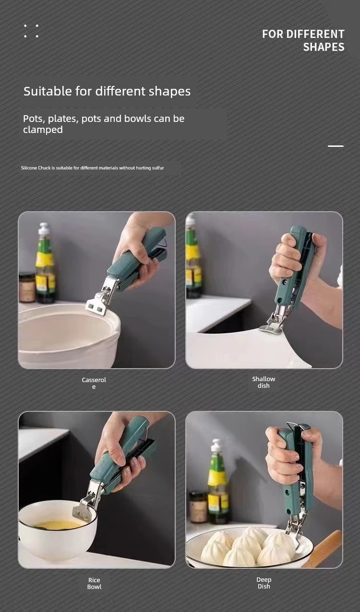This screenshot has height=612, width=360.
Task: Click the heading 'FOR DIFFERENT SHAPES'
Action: tap(303, 40)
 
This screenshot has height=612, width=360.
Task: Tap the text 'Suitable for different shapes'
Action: tap(107, 91)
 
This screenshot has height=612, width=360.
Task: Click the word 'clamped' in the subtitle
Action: tap(43, 130)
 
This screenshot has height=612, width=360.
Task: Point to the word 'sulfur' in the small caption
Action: tap(158, 168)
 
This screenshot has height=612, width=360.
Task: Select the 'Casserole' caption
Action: tap(94, 383)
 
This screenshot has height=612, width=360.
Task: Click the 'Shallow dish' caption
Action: tap(264, 382)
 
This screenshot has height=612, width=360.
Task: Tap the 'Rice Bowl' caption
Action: tap(94, 583)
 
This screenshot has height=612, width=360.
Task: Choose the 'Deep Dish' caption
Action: tap(264, 583)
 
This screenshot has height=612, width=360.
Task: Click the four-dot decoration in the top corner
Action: tap(31, 31)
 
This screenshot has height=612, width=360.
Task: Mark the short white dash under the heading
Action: tap(336, 146)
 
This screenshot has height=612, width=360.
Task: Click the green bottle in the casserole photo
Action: tap(45, 263)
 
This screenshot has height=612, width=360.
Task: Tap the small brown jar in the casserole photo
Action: tap(27, 288)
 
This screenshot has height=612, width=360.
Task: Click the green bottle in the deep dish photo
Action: tap(217, 481)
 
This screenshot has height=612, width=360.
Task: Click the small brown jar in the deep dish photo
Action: tap(198, 507)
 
